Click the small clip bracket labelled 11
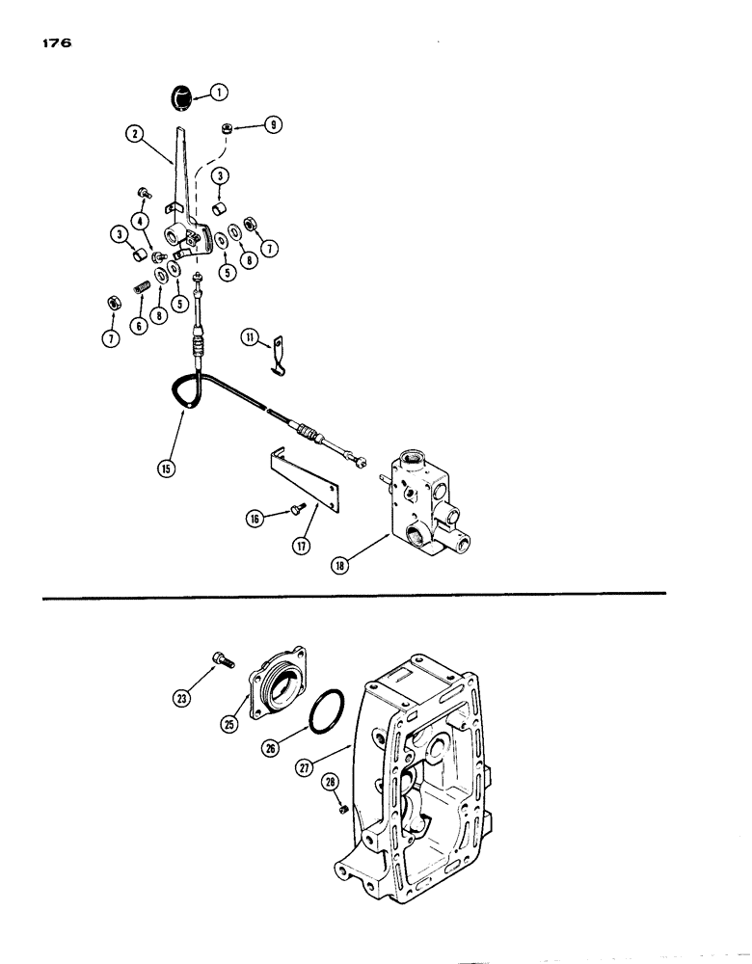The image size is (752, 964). tap(280, 348)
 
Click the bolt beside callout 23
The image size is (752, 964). tap(219, 661)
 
